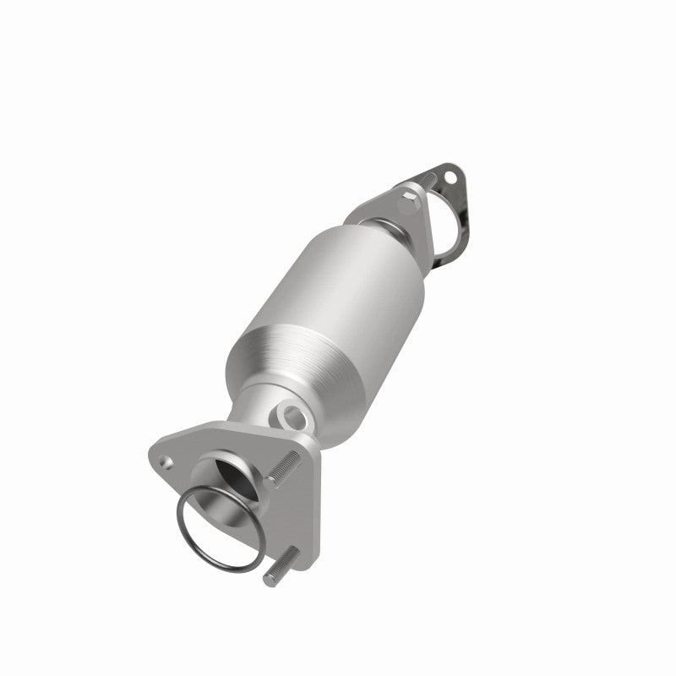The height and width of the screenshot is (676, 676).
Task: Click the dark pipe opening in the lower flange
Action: click(x=230, y=482)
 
